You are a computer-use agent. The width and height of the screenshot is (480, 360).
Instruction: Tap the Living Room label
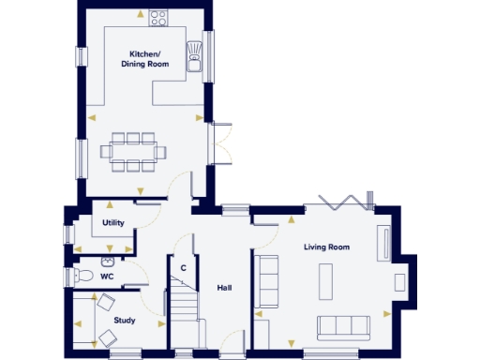(x=326, y=247)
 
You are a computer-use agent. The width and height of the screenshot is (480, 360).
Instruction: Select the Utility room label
(x=113, y=223)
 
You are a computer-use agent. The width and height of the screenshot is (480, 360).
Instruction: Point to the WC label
(x=107, y=277)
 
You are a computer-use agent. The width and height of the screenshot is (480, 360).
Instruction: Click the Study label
(x=125, y=321)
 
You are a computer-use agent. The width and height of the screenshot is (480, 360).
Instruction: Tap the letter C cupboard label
(x=184, y=268)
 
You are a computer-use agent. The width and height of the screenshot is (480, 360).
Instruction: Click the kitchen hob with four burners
(x=157, y=18)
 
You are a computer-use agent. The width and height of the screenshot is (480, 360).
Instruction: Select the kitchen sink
(x=195, y=53)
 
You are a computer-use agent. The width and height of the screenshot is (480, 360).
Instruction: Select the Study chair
(x=106, y=304)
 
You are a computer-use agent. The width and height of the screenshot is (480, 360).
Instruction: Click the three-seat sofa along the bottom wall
(x=342, y=326)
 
